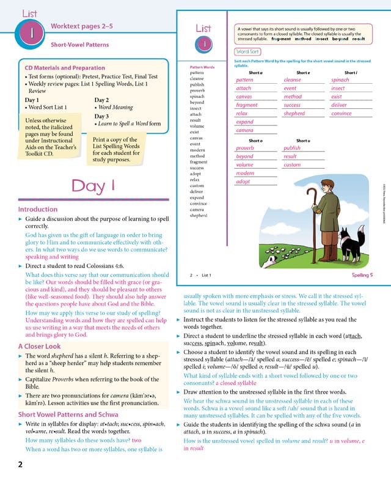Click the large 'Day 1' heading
pos(102,185)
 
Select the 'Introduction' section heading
pos(38,209)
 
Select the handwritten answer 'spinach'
pos(340,80)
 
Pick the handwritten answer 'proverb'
pos(244,148)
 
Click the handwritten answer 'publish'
pos(293,148)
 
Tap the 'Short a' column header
pos(255,73)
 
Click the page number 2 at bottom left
pos(20,465)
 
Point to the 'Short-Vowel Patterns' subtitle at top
pos(79,45)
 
